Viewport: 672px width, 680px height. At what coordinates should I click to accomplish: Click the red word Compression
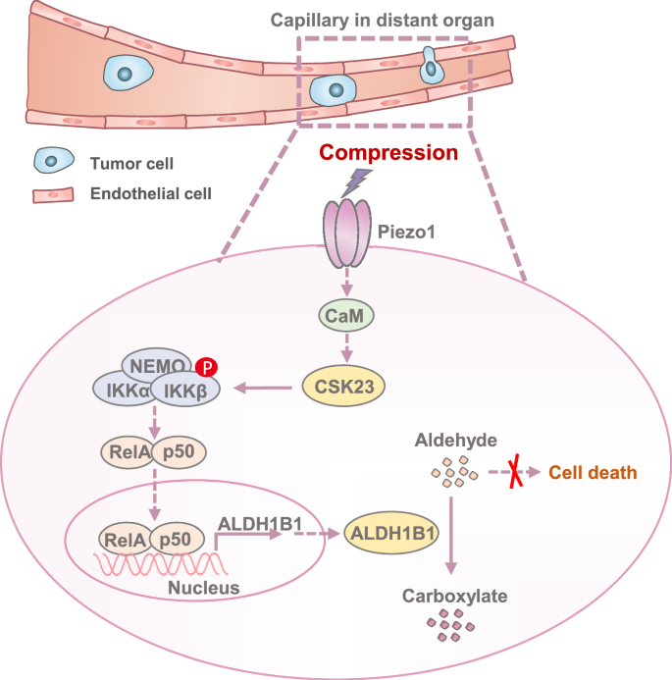[x=388, y=153]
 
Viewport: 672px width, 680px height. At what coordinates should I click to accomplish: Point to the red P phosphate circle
[x=207, y=367]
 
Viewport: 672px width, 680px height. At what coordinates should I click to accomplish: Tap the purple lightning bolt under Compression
[x=362, y=183]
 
